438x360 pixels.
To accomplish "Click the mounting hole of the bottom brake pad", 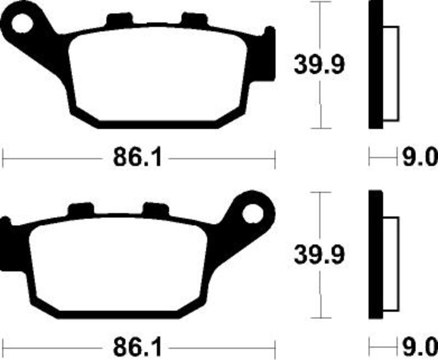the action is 253,214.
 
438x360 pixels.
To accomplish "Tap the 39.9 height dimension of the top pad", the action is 319,65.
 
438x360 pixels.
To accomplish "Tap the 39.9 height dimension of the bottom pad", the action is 319,255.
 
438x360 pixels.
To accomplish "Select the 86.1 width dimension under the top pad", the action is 137,158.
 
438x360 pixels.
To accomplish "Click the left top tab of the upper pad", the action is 119,20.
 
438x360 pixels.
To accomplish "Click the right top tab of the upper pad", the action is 194,20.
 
